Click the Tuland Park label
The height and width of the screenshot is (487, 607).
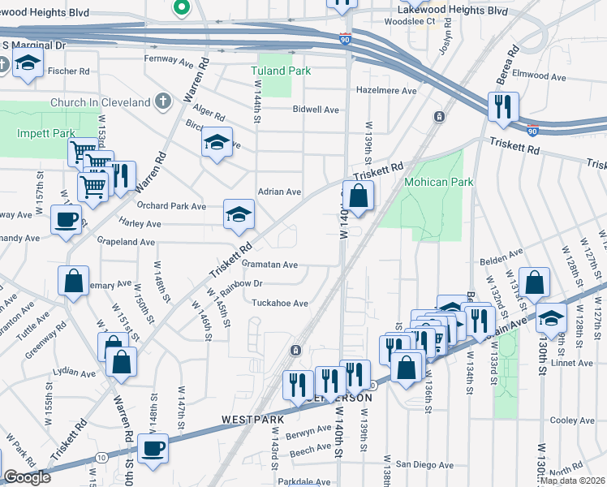282,71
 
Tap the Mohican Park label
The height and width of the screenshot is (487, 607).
438,183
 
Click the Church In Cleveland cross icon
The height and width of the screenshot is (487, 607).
164,102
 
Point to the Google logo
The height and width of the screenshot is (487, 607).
27,477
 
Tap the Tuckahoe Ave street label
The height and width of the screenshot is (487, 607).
279,303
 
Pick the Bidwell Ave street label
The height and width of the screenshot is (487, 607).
316,109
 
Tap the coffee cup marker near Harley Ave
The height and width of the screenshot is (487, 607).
66,218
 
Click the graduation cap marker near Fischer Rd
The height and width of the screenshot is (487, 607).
28,62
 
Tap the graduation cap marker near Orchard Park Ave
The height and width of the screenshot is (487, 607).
238,214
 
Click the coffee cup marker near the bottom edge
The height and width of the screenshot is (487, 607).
152,448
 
